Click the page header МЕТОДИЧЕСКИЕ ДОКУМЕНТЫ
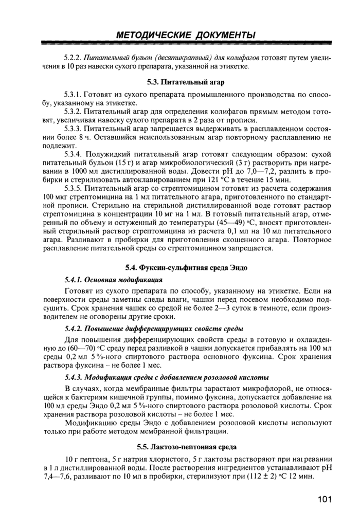186,35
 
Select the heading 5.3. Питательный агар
186,82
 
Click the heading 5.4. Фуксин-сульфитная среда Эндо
186,267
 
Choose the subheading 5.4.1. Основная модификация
114,280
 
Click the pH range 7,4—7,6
57,477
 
